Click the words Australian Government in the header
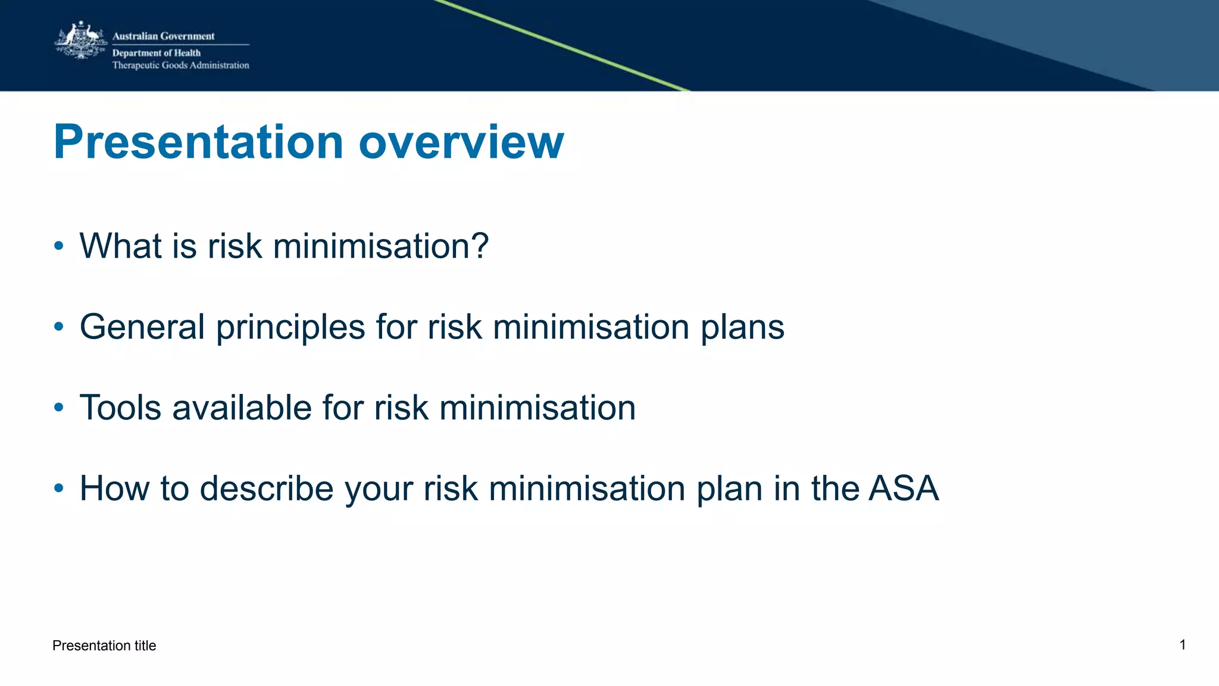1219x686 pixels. point(163,36)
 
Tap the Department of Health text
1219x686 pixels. point(157,53)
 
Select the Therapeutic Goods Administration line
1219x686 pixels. point(180,65)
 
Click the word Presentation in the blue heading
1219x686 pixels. point(198,142)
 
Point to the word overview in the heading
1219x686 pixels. point(461,142)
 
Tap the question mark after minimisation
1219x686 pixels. point(477,246)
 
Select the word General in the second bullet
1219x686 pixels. point(142,327)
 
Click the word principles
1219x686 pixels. point(290,328)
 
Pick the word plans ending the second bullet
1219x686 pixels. point(742,328)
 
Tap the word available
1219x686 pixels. point(242,408)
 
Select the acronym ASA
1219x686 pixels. point(903,488)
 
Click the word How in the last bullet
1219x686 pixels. point(114,488)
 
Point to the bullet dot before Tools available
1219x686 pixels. point(58,408)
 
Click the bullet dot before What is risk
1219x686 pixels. point(58,246)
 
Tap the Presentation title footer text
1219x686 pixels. point(104,646)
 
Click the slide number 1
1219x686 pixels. point(1183,644)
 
